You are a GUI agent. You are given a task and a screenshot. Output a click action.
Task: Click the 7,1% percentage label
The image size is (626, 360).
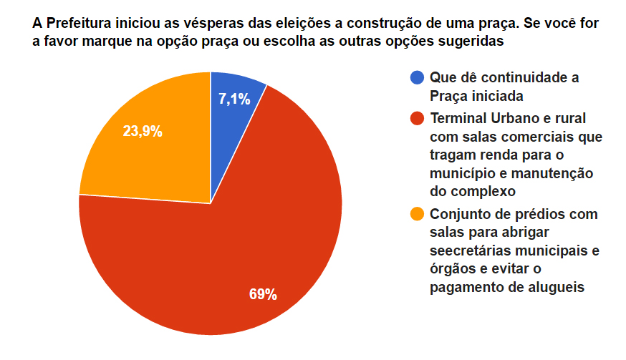pos(234,99)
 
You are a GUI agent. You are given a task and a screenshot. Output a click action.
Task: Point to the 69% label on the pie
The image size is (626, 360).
pos(263,294)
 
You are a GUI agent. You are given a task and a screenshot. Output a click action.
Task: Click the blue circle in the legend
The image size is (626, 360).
pos(416,77)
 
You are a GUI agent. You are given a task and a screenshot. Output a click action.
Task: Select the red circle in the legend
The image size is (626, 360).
pos(416,118)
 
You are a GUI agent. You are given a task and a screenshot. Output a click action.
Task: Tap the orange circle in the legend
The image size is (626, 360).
pos(416,214)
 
